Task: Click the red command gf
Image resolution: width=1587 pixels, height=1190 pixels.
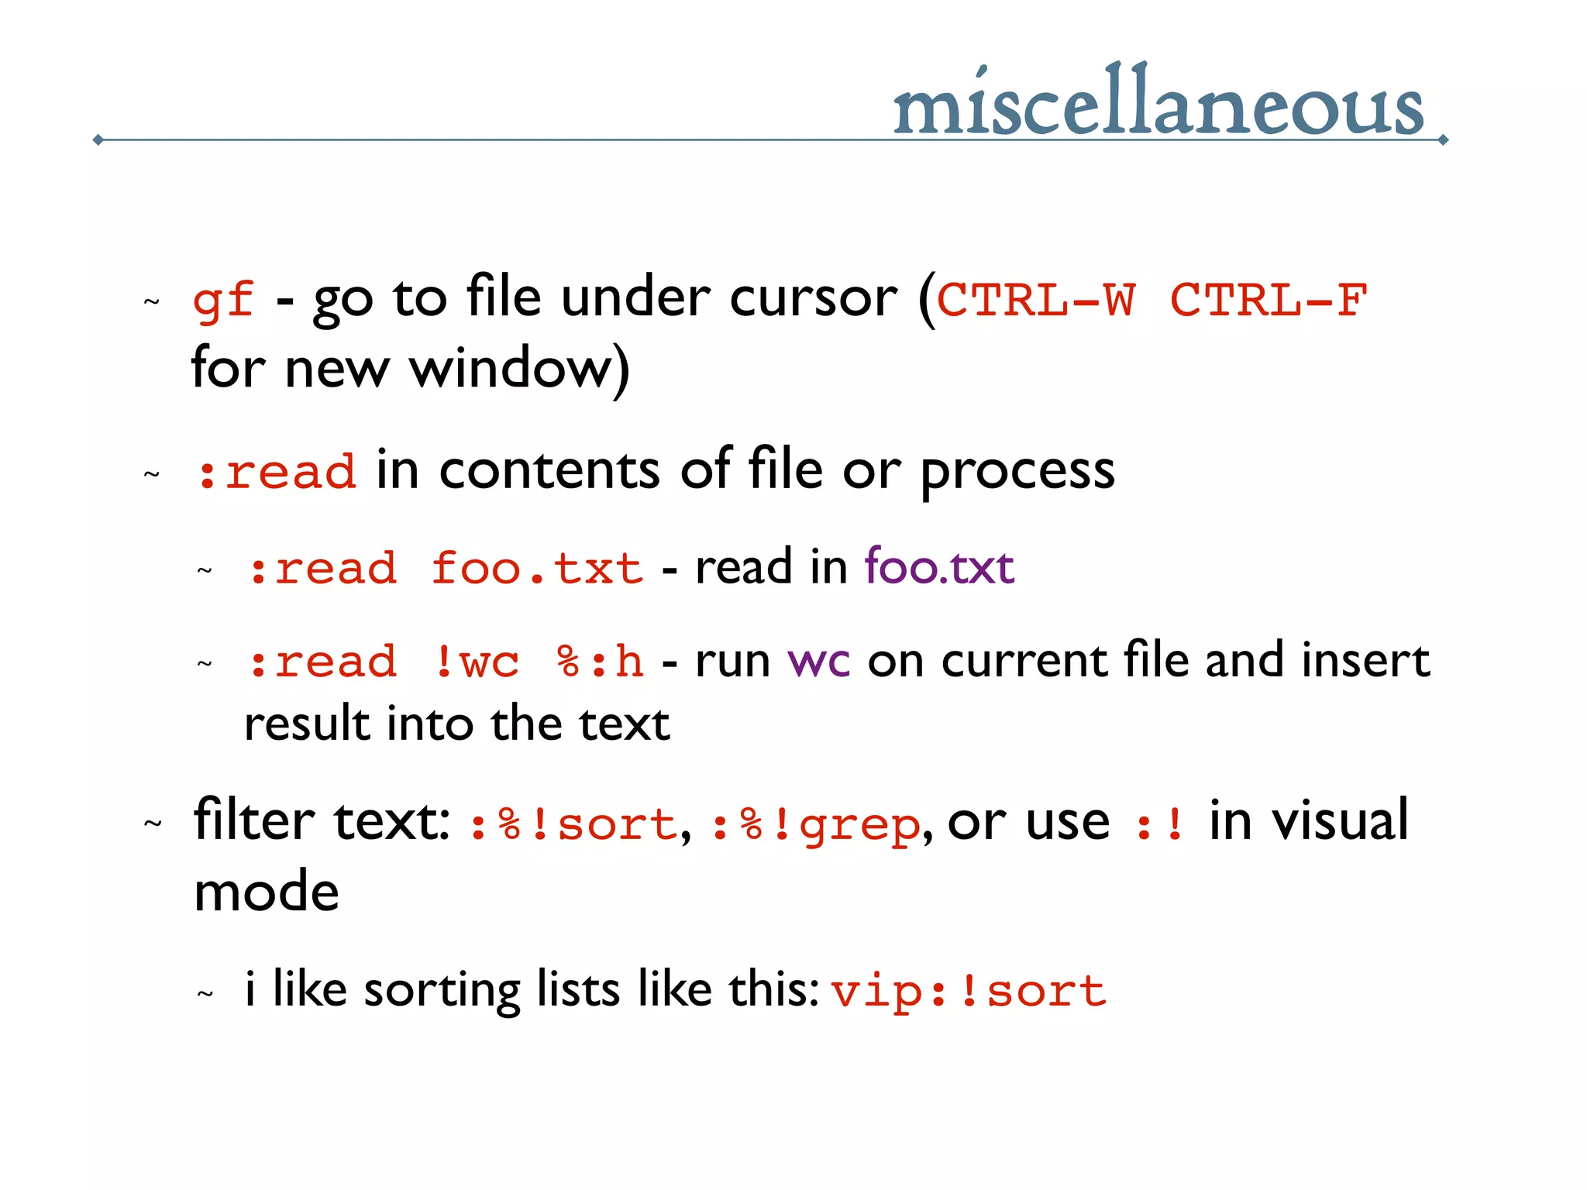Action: click(223, 300)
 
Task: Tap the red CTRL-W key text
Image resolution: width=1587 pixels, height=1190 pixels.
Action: click(1036, 300)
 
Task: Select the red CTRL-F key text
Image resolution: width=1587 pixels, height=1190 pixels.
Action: click(1269, 300)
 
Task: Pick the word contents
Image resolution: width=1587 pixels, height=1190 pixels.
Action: click(549, 470)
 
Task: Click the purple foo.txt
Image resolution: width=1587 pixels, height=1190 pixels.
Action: click(938, 566)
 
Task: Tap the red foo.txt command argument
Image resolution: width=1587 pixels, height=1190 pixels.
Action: click(537, 569)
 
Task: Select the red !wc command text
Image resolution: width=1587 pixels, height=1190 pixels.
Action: click(477, 662)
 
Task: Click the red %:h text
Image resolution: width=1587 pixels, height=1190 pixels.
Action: click(600, 662)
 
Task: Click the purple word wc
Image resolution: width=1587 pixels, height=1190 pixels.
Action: click(818, 662)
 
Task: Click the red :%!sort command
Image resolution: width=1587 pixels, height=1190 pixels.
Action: click(573, 824)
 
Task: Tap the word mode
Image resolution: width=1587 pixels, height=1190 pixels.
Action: click(267, 892)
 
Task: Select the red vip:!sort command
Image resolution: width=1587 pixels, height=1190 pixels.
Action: click(969, 992)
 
